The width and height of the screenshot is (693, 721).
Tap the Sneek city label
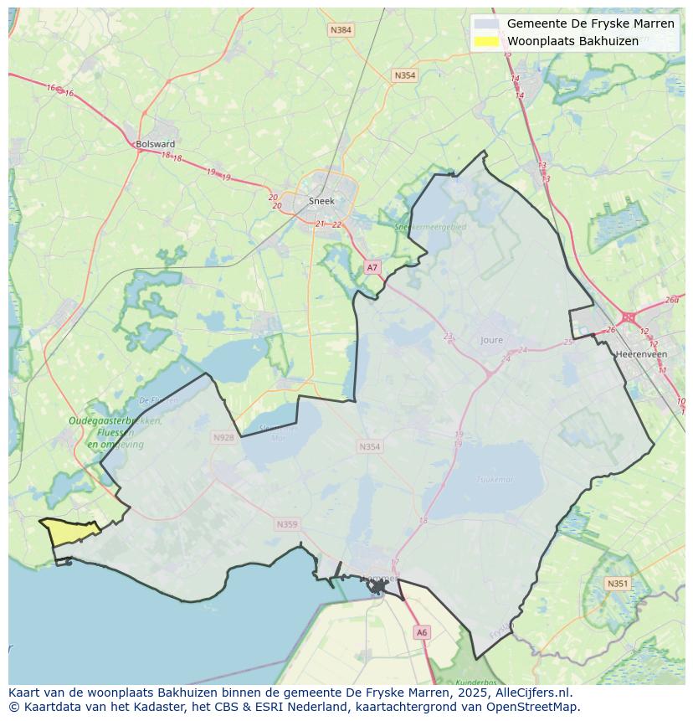pyautogui.click(x=321, y=201)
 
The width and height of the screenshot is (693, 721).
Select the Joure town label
pyautogui.click(x=492, y=340)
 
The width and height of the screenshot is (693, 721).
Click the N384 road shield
pyautogui.click(x=341, y=30)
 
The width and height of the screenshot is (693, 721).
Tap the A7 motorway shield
pyautogui.click(x=372, y=267)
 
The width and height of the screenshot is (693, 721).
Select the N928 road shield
pyautogui.click(x=223, y=437)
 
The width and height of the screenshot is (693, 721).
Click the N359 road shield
pyautogui.click(x=286, y=524)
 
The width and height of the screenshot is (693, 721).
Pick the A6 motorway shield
pyautogui.click(x=422, y=633)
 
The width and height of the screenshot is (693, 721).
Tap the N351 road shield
pyautogui.click(x=618, y=584)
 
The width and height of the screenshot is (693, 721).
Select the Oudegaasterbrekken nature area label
pyautogui.click(x=115, y=421)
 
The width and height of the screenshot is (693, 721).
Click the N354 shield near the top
pyautogui.click(x=404, y=75)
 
